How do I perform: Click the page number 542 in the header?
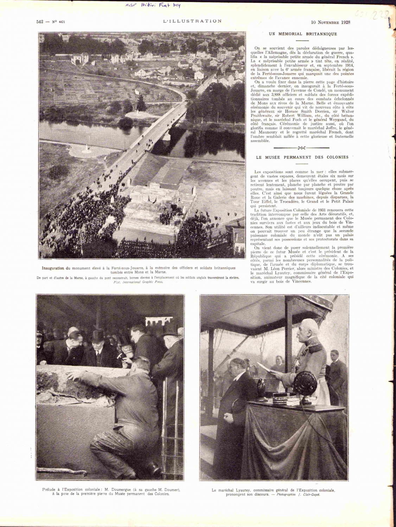pos(39,22)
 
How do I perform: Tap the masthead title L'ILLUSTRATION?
pos(192,21)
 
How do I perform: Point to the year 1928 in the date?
pos(345,22)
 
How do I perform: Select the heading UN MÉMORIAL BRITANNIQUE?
pos(303,34)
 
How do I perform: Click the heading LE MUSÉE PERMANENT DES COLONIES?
pos(302,157)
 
